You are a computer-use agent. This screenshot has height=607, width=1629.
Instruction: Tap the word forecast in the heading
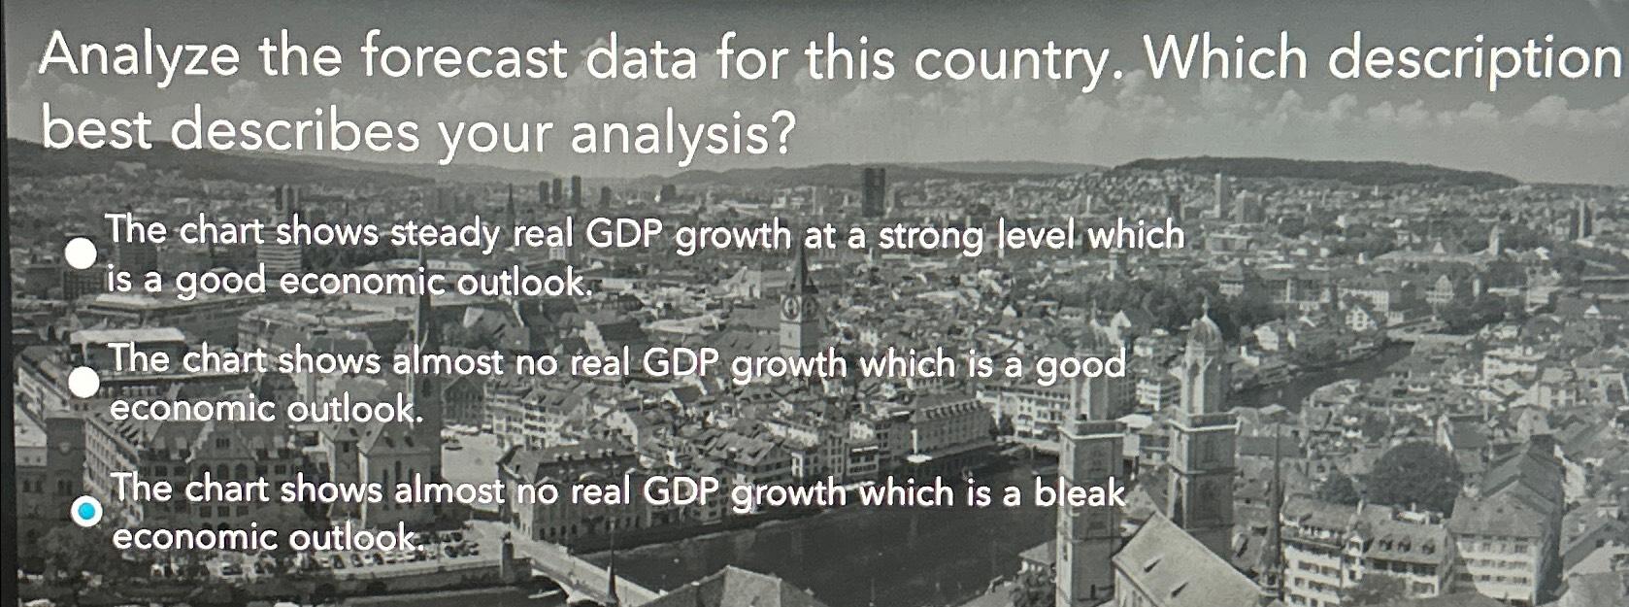point(463,58)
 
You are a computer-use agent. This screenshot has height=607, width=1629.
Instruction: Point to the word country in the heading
point(1009,61)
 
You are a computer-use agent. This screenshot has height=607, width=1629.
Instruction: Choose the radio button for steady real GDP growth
point(82,254)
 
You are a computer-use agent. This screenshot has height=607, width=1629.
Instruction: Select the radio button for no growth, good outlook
point(83,383)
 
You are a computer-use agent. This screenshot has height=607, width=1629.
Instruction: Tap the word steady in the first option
point(446,234)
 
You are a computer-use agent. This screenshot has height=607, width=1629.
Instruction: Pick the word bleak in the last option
point(1079,493)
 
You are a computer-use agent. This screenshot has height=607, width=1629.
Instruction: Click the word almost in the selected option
point(449,489)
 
